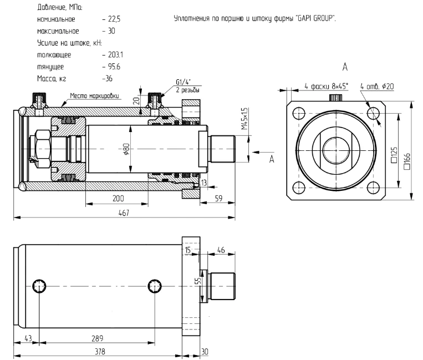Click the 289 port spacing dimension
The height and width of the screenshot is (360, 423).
[98, 337]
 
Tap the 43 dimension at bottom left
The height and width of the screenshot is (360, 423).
[27, 337]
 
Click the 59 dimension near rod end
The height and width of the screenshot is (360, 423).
[218, 198]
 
